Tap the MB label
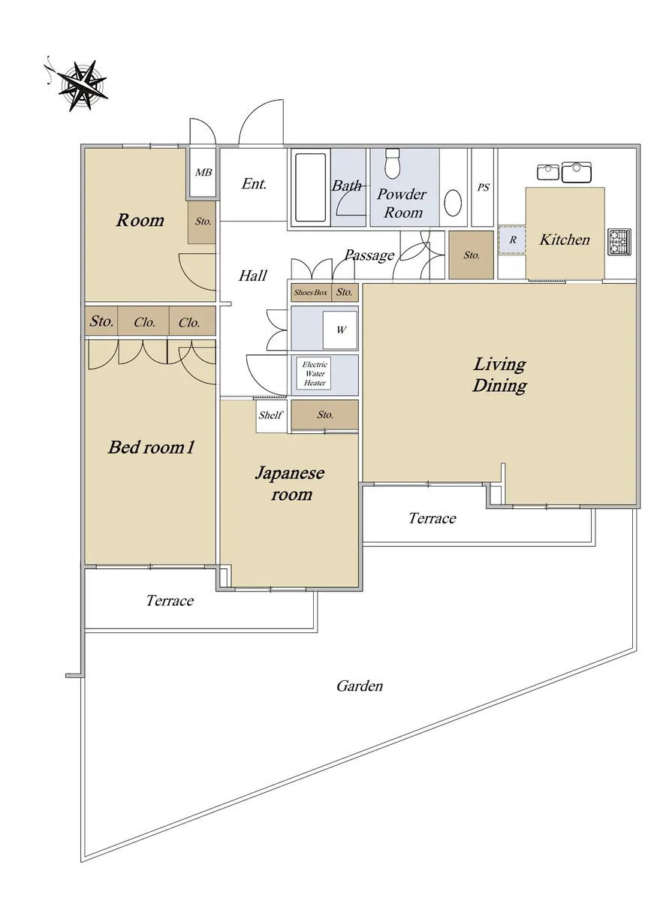203,173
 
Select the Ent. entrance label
254,184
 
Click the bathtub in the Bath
310,188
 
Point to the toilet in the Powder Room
393,164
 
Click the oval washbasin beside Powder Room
453,203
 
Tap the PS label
483,187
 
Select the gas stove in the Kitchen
619,242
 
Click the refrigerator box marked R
512,240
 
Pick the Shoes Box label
311,293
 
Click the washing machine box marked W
340,330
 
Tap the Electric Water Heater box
314,374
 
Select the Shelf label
270,415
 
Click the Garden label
360,686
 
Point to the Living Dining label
499,375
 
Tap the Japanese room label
290,484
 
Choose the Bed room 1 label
151,447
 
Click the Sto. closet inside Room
201,222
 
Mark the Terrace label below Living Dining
432,518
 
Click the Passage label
369,255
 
